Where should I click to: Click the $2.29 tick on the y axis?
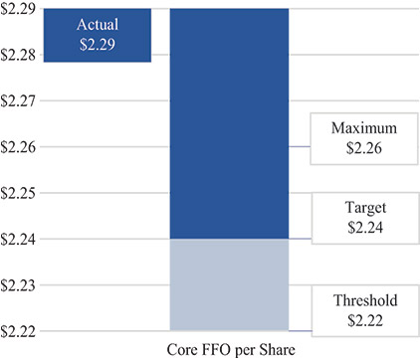click(x=19, y=9)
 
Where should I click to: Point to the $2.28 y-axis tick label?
click(x=19, y=55)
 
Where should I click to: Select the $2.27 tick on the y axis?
click(x=19, y=100)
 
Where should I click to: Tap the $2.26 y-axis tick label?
click(x=19, y=146)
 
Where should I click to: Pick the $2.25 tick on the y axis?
click(x=19, y=192)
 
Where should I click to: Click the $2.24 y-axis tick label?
click(x=19, y=239)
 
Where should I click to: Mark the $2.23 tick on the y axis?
click(x=19, y=284)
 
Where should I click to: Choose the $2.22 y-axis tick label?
click(x=19, y=330)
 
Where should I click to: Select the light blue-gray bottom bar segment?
click(x=230, y=284)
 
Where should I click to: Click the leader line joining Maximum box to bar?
click(x=300, y=147)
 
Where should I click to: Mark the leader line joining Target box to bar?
click(x=300, y=239)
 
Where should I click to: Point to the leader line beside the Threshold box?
click(x=300, y=330)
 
